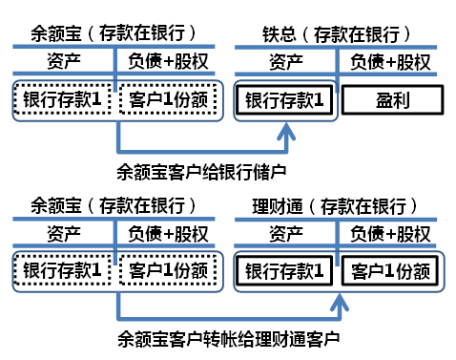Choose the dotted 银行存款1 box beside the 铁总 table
point(63,98)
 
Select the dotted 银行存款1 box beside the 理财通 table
point(63,271)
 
